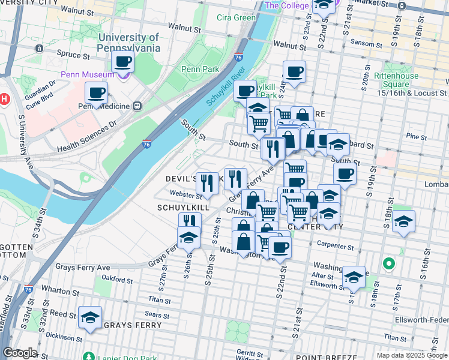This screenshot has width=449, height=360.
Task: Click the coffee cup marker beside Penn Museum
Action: (x=122, y=61)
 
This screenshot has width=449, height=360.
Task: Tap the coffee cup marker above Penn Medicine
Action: (x=96, y=93)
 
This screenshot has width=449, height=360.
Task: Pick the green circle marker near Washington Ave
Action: (x=389, y=263)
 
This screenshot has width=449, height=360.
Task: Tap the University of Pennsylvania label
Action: (x=129, y=42)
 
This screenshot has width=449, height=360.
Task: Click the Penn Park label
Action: (x=199, y=69)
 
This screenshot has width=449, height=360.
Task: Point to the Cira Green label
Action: (x=237, y=17)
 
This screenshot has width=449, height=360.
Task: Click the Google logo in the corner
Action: (x=19, y=353)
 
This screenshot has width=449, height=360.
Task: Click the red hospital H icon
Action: (x=4, y=98)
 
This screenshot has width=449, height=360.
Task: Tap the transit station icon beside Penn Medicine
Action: (x=137, y=106)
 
